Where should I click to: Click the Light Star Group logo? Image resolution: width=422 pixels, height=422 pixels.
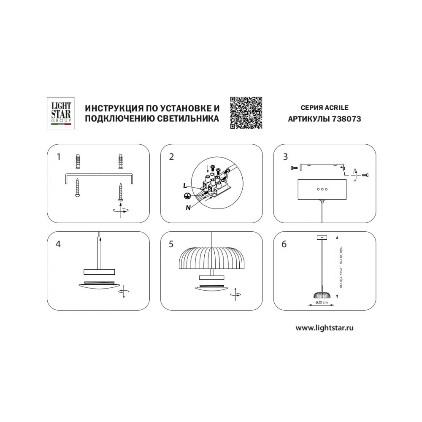60,113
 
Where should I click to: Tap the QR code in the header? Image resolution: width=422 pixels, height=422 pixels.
246,113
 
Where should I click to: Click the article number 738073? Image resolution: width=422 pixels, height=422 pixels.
346,119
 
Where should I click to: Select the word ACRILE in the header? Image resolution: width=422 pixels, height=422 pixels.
336,108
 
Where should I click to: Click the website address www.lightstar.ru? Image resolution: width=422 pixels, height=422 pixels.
325,328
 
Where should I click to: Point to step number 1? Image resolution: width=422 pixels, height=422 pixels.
59,157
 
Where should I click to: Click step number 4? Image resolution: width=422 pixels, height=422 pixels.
58,244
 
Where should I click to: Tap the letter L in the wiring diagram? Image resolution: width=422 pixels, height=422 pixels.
185,185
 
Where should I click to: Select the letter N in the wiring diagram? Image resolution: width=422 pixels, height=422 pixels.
188,208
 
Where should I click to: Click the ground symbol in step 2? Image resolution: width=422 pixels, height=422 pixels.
186,196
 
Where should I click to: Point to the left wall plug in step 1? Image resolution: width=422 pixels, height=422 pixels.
78,161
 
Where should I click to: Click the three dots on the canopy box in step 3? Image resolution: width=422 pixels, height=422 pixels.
322,189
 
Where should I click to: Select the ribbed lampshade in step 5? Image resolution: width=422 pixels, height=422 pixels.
211,257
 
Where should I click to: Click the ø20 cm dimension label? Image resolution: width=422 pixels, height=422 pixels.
321,302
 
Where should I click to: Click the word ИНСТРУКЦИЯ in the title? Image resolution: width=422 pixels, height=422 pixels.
113,108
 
